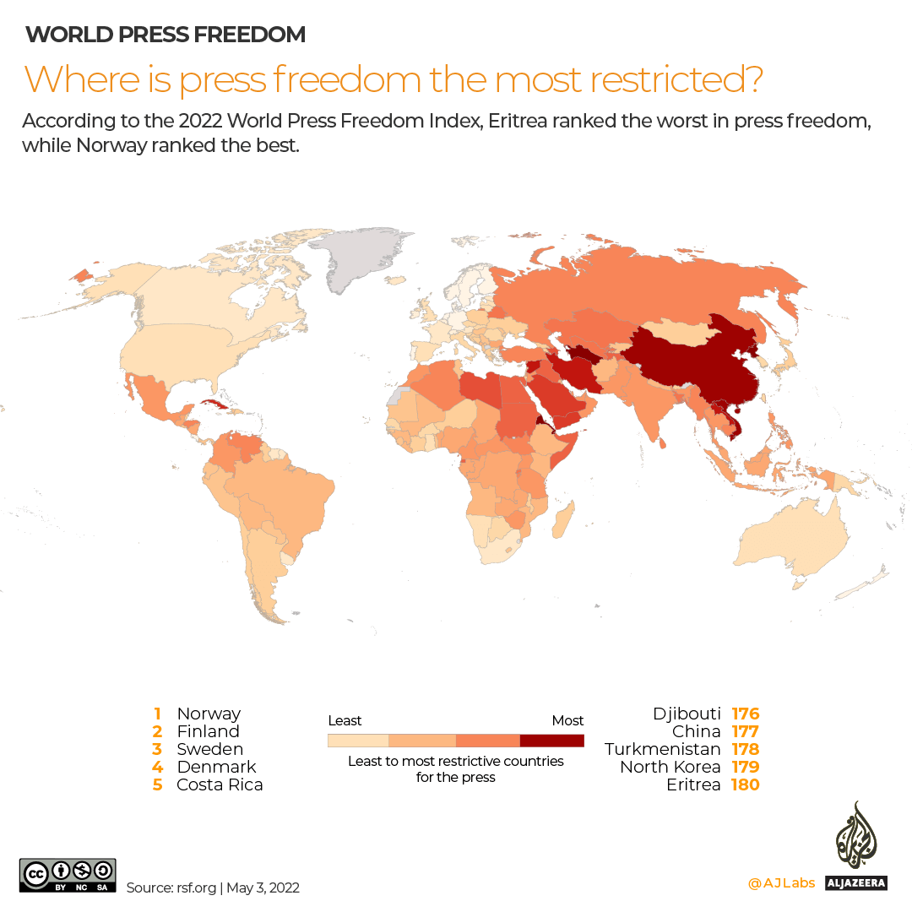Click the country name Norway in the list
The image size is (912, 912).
click(x=209, y=714)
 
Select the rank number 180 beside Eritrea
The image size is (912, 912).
click(x=746, y=784)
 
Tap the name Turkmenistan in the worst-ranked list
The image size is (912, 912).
click(x=663, y=749)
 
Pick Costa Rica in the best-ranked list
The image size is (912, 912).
click(x=220, y=784)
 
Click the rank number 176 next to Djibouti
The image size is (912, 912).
click(x=746, y=714)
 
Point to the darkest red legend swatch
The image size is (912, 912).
click(x=551, y=741)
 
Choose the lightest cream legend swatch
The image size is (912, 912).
click(x=358, y=741)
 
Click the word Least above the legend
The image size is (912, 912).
click(x=345, y=720)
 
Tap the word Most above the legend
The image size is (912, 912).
click(x=567, y=720)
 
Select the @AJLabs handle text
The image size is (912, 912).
click(x=781, y=883)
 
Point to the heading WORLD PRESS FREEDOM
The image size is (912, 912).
click(x=166, y=35)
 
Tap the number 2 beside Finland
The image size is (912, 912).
click(x=157, y=731)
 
